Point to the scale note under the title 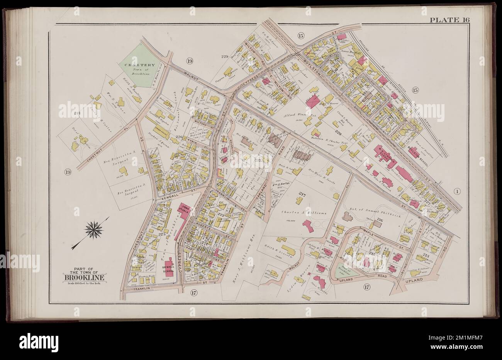83,284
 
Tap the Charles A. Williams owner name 299,213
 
